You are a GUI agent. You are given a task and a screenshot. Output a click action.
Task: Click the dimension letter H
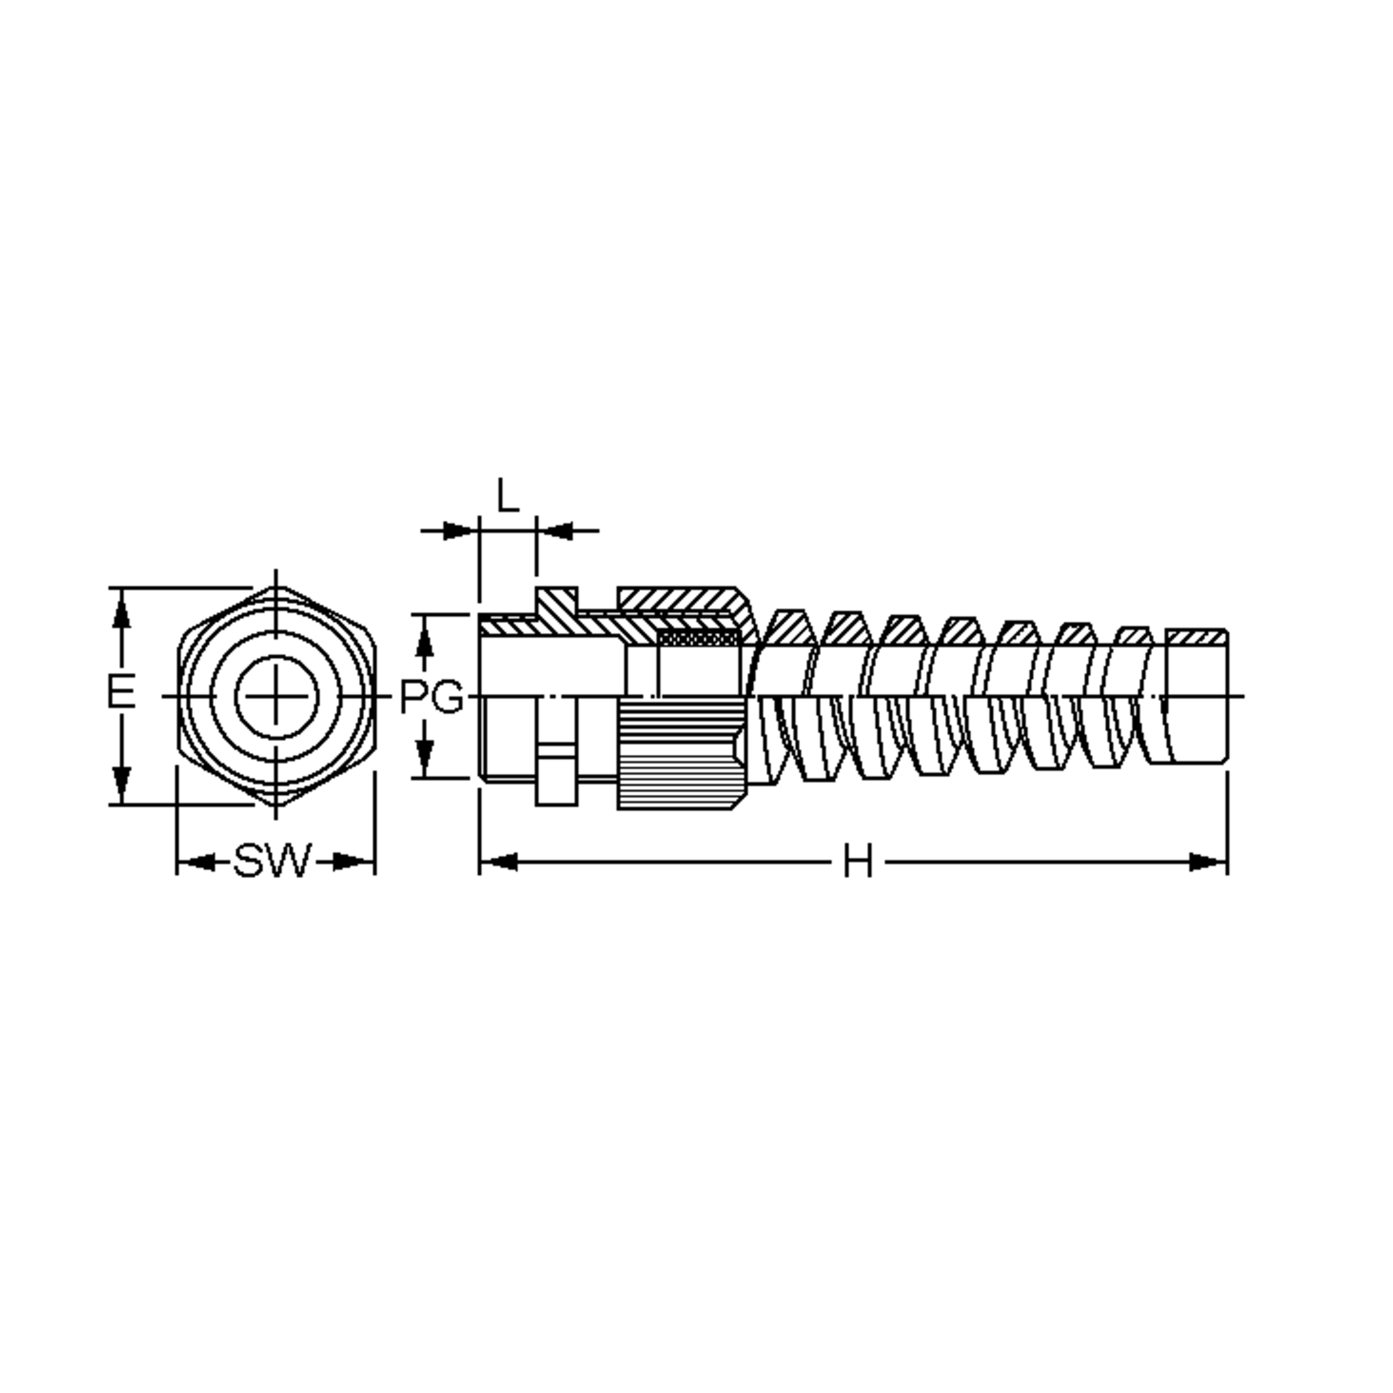pos(858,861)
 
